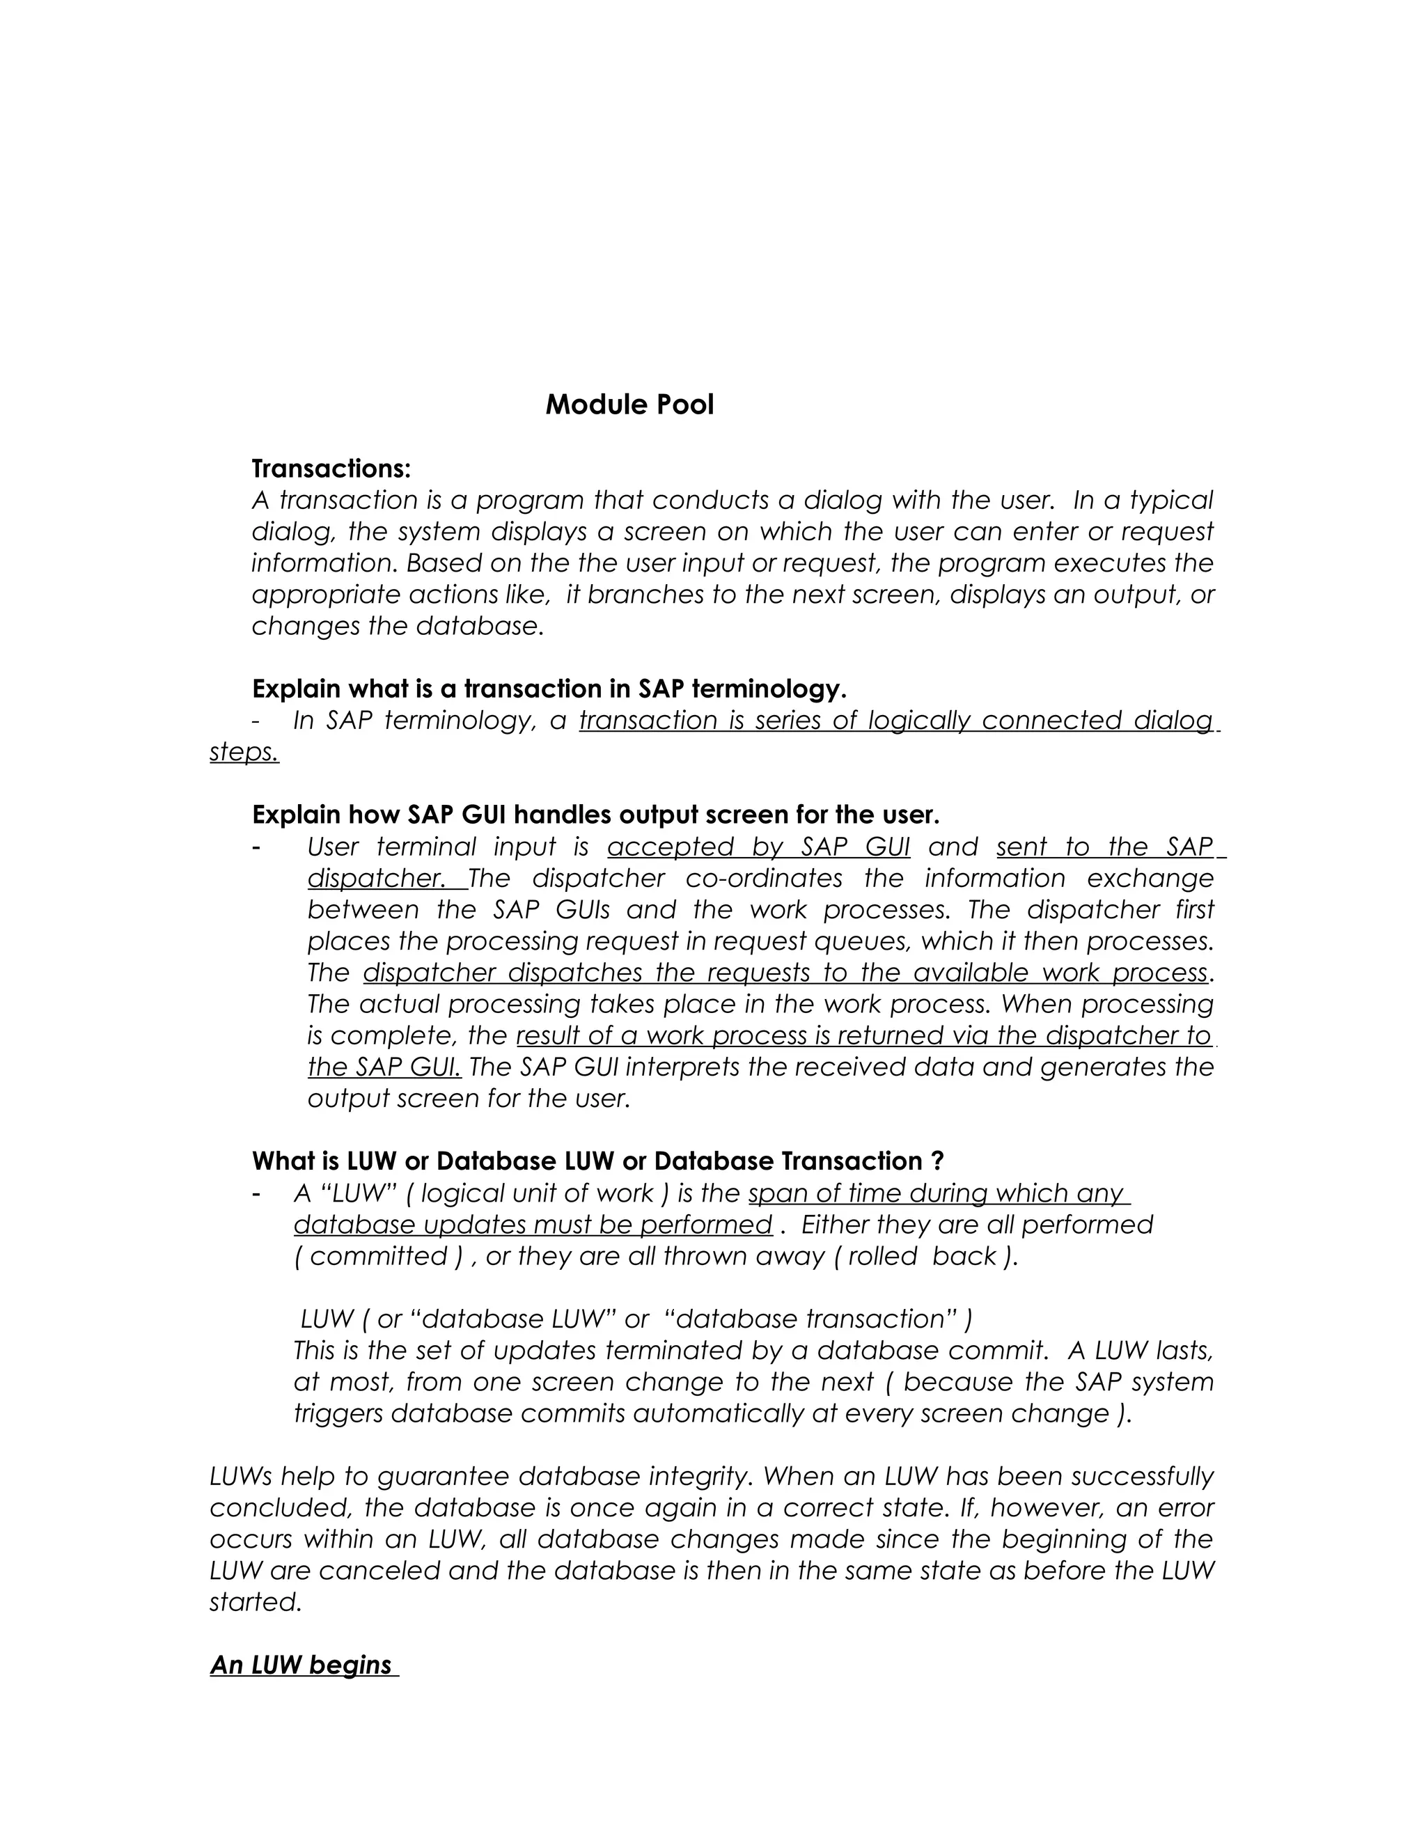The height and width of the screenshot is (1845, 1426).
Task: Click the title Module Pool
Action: pyautogui.click(x=629, y=405)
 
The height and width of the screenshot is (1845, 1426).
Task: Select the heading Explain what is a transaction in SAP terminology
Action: pyautogui.click(x=549, y=689)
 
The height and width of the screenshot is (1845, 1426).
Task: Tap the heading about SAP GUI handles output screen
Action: pyautogui.click(x=595, y=815)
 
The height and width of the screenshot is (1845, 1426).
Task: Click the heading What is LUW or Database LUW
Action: pyautogui.click(x=597, y=1161)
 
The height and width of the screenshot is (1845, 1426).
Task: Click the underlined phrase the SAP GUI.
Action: pyautogui.click(x=384, y=1067)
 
